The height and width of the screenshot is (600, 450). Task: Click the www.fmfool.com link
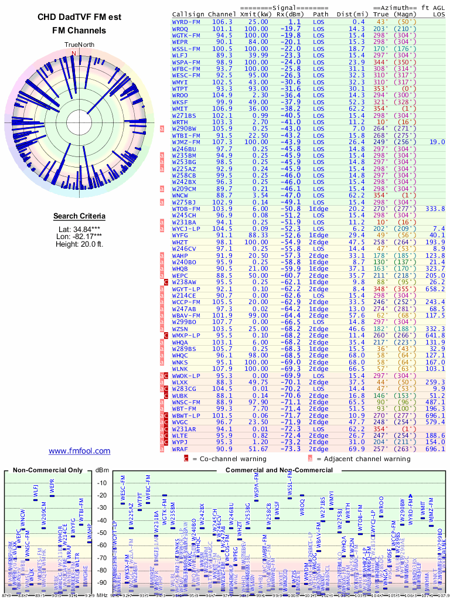point(79,451)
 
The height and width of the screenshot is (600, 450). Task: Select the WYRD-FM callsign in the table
point(186,22)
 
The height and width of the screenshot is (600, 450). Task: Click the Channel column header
point(222,13)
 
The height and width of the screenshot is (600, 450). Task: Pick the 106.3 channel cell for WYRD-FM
point(222,22)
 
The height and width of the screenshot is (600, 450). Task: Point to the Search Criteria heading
point(79,216)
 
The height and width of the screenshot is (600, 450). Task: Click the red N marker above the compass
point(74,53)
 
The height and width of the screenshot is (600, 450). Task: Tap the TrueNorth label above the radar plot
point(79,45)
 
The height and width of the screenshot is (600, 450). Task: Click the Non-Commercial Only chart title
point(47,470)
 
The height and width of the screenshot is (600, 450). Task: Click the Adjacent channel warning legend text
point(367,459)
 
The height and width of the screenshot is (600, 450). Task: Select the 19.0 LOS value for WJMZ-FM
point(437,142)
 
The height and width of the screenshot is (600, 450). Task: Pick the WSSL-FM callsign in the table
point(186,49)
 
